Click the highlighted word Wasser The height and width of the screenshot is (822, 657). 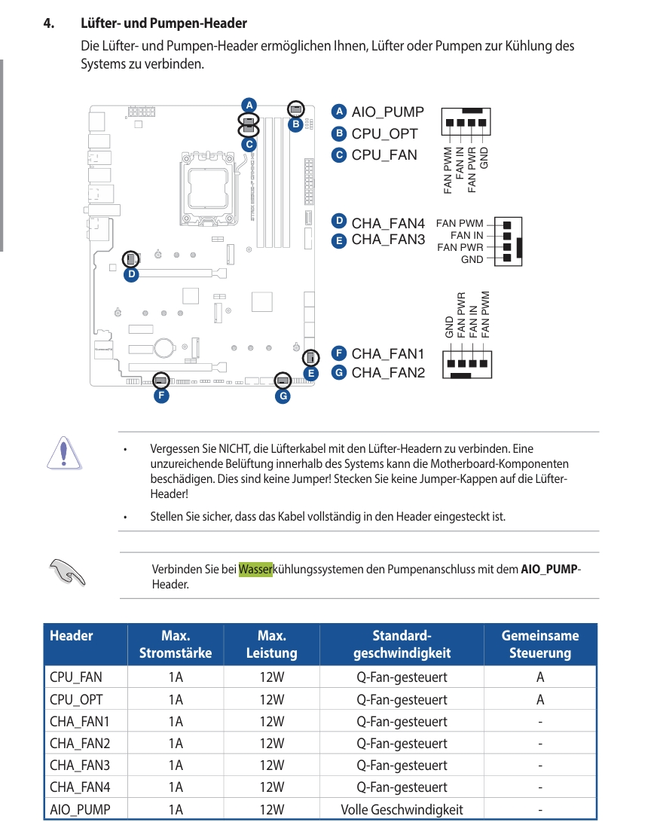point(255,569)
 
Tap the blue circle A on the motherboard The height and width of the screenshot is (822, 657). point(249,104)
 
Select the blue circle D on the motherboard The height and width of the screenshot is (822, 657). point(131,275)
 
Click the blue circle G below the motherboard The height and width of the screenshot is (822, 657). point(283,395)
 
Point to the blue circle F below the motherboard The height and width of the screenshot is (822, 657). point(160,395)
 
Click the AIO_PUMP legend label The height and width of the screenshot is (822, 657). point(387,112)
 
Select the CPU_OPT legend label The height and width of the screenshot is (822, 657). point(384,134)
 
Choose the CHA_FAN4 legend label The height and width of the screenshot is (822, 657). point(388,223)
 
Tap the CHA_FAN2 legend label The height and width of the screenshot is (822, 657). point(388,372)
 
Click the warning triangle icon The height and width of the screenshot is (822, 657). point(64,451)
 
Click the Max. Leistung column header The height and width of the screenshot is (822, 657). point(271,644)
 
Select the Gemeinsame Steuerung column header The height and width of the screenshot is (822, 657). point(540,644)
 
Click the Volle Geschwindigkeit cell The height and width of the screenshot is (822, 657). point(402,810)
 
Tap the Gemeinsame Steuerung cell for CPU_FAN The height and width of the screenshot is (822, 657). point(540,677)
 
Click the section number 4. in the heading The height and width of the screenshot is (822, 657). point(49,24)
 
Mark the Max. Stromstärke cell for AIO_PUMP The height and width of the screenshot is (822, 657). point(176,810)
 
